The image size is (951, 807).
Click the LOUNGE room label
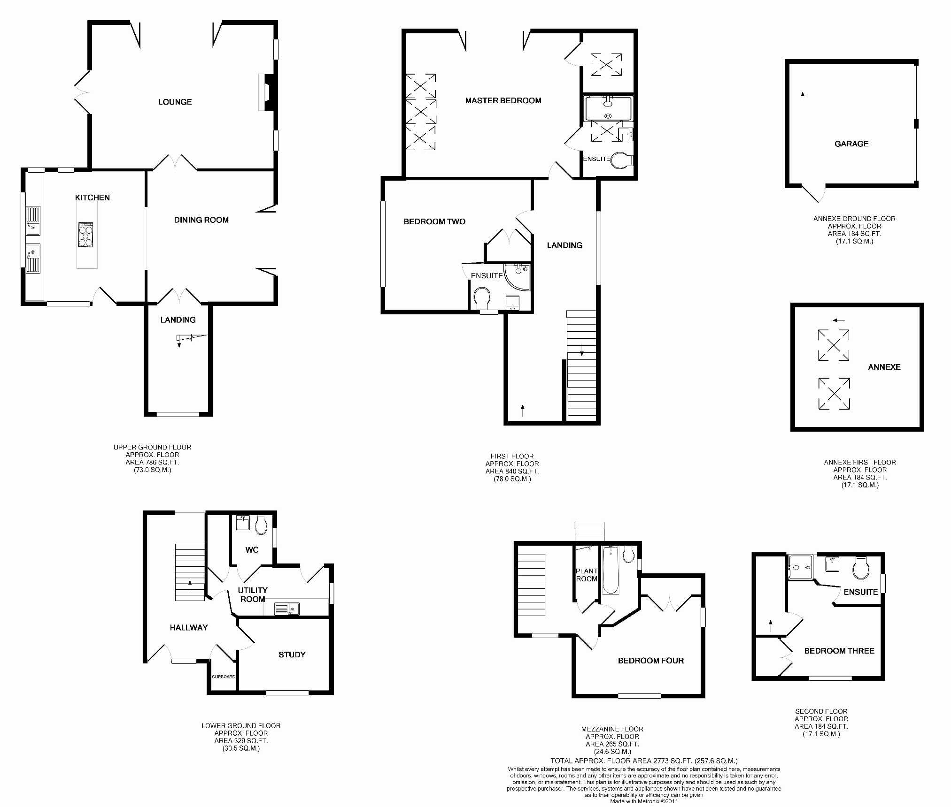click(x=175, y=102)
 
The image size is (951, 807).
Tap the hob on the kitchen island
click(x=85, y=235)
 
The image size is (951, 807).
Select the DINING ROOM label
click(x=201, y=220)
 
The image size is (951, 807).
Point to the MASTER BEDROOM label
click(x=503, y=100)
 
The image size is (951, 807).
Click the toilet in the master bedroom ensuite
click(x=622, y=160)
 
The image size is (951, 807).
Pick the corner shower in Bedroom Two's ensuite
click(x=517, y=276)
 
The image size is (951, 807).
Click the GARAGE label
click(x=851, y=144)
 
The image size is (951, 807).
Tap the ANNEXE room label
click(x=884, y=367)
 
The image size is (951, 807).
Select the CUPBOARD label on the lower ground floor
click(x=224, y=677)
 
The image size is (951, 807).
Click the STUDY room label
click(x=292, y=655)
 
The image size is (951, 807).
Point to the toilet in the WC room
click(x=261, y=525)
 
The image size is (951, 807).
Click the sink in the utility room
click(x=286, y=609)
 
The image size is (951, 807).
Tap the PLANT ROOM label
click(x=587, y=575)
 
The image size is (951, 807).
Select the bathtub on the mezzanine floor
click(x=611, y=570)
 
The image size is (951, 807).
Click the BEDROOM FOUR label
click(x=650, y=661)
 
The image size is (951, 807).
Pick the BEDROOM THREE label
click(x=839, y=651)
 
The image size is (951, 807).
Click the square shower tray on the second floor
click(x=800, y=567)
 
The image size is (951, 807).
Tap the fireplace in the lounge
click(x=265, y=92)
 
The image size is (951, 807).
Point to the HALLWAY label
click(x=188, y=627)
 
